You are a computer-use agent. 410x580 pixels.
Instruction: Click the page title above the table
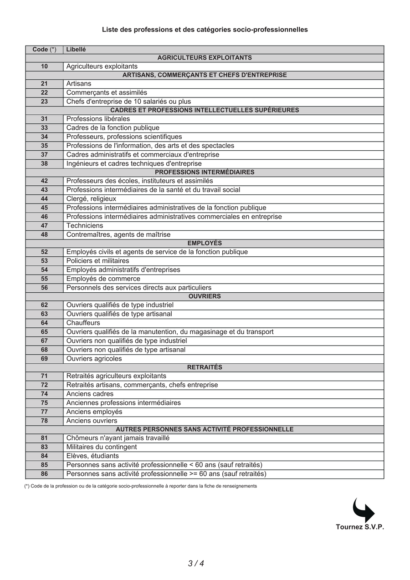[x=205, y=30]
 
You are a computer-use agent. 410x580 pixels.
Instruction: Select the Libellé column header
[x=76, y=49]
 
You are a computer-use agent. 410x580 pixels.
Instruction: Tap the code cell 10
[x=44, y=66]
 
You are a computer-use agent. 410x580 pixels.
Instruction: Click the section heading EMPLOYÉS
[x=205, y=243]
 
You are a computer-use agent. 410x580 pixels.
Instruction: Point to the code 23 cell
[x=44, y=102]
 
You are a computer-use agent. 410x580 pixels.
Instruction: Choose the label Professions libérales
[x=98, y=119]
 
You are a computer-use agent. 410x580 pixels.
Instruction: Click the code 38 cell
[x=44, y=163]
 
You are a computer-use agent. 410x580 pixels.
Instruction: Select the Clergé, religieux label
[x=91, y=199]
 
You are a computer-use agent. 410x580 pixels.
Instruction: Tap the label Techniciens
[x=85, y=225]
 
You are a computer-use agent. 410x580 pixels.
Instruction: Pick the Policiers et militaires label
[x=97, y=261]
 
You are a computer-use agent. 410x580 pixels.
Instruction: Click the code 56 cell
[x=44, y=288]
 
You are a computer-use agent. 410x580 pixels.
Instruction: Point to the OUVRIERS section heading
[x=205, y=296]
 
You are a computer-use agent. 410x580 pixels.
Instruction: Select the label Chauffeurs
[x=83, y=323]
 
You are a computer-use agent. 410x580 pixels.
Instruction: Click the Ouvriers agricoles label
[x=94, y=359]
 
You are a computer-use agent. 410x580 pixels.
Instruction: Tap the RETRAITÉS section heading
[x=205, y=367]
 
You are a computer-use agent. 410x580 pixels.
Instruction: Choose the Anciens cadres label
[x=90, y=394]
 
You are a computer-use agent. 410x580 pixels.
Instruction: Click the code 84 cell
[x=44, y=456]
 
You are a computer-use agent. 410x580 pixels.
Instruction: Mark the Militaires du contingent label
[x=101, y=447]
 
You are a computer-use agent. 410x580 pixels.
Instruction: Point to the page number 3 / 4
[x=196, y=563]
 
